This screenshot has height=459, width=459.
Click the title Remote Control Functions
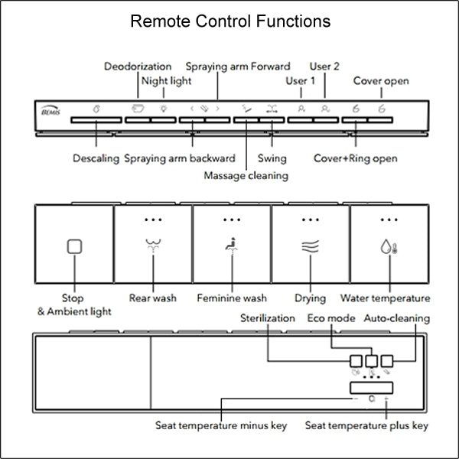pyautogui.click(x=230, y=21)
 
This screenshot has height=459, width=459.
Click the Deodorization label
pyautogui.click(x=137, y=67)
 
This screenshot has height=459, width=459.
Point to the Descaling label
pyautogui.click(x=96, y=158)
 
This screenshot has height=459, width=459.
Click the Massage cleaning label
pyautogui.click(x=246, y=175)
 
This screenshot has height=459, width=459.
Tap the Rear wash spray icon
pyautogui.click(x=152, y=246)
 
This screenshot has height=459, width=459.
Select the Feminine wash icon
pyautogui.click(x=231, y=246)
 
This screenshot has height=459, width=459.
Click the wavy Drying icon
pyautogui.click(x=310, y=246)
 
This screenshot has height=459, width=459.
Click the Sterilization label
pyautogui.click(x=267, y=317)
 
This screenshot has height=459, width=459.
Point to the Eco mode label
pyautogui.click(x=331, y=317)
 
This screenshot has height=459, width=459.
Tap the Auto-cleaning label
pyautogui.click(x=396, y=317)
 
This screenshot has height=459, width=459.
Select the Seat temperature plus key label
pyautogui.click(x=366, y=425)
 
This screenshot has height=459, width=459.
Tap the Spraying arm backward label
pyautogui.click(x=179, y=158)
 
